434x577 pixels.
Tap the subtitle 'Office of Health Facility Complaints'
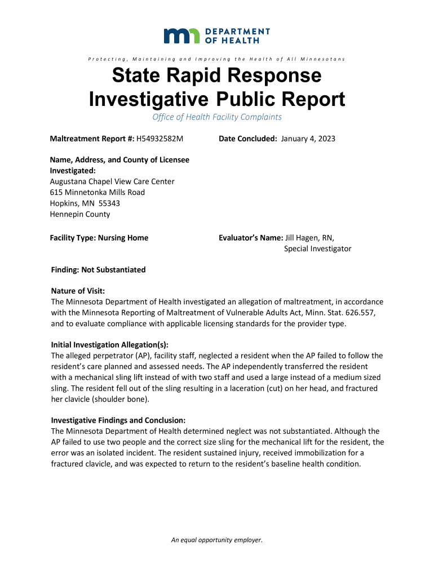pyautogui.click(x=217, y=117)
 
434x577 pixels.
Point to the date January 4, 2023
pyautogui.click(x=308, y=139)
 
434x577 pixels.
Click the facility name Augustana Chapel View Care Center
pyautogui.click(x=112, y=181)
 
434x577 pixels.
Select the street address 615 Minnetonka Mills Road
pyautogui.click(x=98, y=192)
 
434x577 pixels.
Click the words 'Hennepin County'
pyautogui.click(x=80, y=214)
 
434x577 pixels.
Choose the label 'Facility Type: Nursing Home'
pyautogui.click(x=99, y=238)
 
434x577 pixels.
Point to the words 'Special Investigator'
pyautogui.click(x=317, y=248)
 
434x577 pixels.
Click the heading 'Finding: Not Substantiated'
pyautogui.click(x=98, y=270)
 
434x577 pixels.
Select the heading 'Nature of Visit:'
pyautogui.click(x=78, y=291)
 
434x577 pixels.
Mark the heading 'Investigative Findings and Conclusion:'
pyautogui.click(x=118, y=420)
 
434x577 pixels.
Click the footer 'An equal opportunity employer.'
pyautogui.click(x=217, y=540)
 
